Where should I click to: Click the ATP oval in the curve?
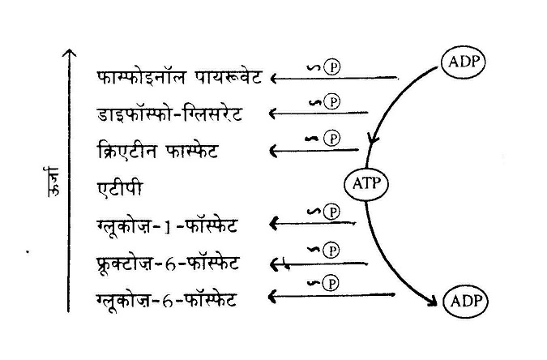point(366,184)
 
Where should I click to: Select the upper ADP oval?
point(463,62)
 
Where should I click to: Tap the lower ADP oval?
point(466,302)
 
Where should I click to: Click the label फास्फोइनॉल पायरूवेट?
point(179,77)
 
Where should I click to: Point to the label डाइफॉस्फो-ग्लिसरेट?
point(169,114)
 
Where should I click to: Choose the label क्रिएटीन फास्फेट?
point(157,151)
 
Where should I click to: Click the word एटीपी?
point(120,189)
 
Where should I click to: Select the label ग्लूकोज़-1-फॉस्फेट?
point(167,226)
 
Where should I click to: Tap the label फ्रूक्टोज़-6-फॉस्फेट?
point(168,264)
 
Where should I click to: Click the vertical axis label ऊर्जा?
point(53,182)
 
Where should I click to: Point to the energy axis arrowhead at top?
point(70,53)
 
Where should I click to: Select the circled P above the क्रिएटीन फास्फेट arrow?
point(331,139)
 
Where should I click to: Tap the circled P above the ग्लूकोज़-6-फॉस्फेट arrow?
point(331,283)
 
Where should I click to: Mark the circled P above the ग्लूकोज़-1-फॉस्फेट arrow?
point(331,212)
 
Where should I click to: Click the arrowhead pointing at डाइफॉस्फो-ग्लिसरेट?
point(273,114)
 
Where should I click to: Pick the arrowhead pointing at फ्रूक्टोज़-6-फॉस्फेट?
point(274,264)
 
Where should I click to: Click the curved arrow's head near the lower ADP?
point(433,302)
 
